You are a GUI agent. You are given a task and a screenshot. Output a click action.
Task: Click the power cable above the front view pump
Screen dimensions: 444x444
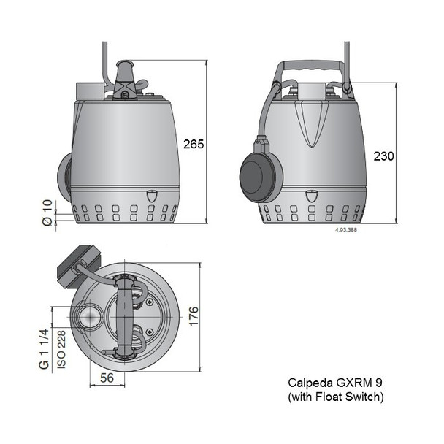104,58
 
